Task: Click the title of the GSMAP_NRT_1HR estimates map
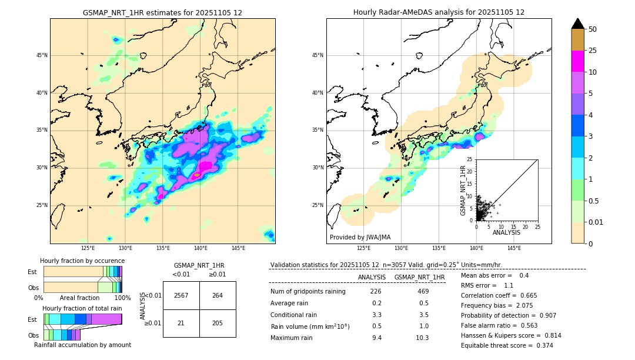(x=162, y=12)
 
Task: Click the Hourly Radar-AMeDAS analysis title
(x=439, y=12)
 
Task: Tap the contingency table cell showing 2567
(x=181, y=295)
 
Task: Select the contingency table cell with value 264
(x=218, y=295)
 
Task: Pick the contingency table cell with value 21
(x=181, y=323)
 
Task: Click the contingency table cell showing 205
(x=218, y=323)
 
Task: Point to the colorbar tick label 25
(x=593, y=51)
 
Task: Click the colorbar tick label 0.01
(x=596, y=222)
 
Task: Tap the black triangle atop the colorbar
(x=578, y=24)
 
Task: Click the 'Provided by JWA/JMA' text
(x=360, y=237)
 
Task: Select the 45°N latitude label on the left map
(x=42, y=55)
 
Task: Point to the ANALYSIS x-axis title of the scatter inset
(x=506, y=232)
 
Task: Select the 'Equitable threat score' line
(x=507, y=345)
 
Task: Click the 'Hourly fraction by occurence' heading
(x=82, y=261)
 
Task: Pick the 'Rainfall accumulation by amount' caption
(x=82, y=345)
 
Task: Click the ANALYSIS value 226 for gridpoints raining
(x=376, y=291)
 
